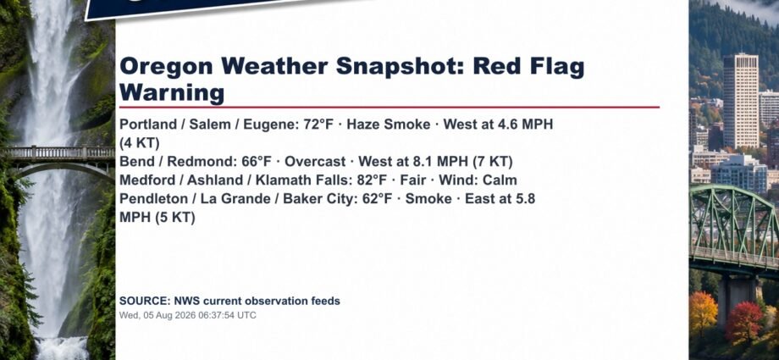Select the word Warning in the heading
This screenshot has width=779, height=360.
coord(172,93)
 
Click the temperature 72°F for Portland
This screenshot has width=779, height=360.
coord(318,125)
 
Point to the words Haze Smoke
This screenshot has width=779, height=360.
coord(389,125)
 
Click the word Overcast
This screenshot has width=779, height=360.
coord(315,162)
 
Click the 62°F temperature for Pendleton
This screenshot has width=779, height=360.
coord(377,199)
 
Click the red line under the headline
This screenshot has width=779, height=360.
coord(389,107)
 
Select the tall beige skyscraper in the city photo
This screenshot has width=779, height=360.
coord(740,101)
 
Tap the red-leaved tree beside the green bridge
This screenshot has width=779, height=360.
coord(743,322)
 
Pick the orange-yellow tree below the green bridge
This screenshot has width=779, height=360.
coord(703,313)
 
